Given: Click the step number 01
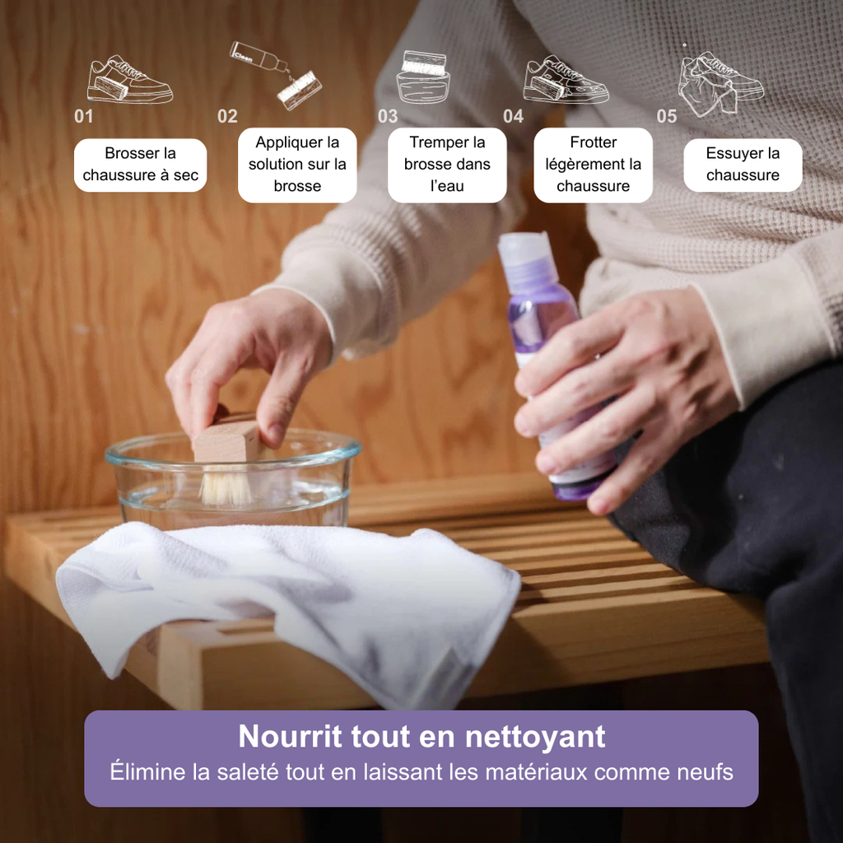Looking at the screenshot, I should pyautogui.click(x=84, y=116).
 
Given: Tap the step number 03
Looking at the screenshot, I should pyautogui.click(x=388, y=116).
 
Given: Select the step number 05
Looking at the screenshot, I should pyautogui.click(x=667, y=116).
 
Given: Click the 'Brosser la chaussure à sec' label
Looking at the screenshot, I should pyautogui.click(x=140, y=165).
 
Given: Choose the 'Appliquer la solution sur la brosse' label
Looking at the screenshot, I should pyautogui.click(x=297, y=165).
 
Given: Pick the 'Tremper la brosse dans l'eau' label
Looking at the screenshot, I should pyautogui.click(x=447, y=165).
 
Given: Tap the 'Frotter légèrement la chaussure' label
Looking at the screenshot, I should pyautogui.click(x=593, y=165).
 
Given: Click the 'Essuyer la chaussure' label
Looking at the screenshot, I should pyautogui.click(x=743, y=165).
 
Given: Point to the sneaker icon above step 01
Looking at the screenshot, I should pyautogui.click(x=129, y=80).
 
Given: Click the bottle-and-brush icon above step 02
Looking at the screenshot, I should pyautogui.click(x=275, y=74).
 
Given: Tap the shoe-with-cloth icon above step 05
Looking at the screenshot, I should pyautogui.click(x=720, y=82).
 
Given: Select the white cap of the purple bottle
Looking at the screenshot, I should pyautogui.click(x=524, y=250).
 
